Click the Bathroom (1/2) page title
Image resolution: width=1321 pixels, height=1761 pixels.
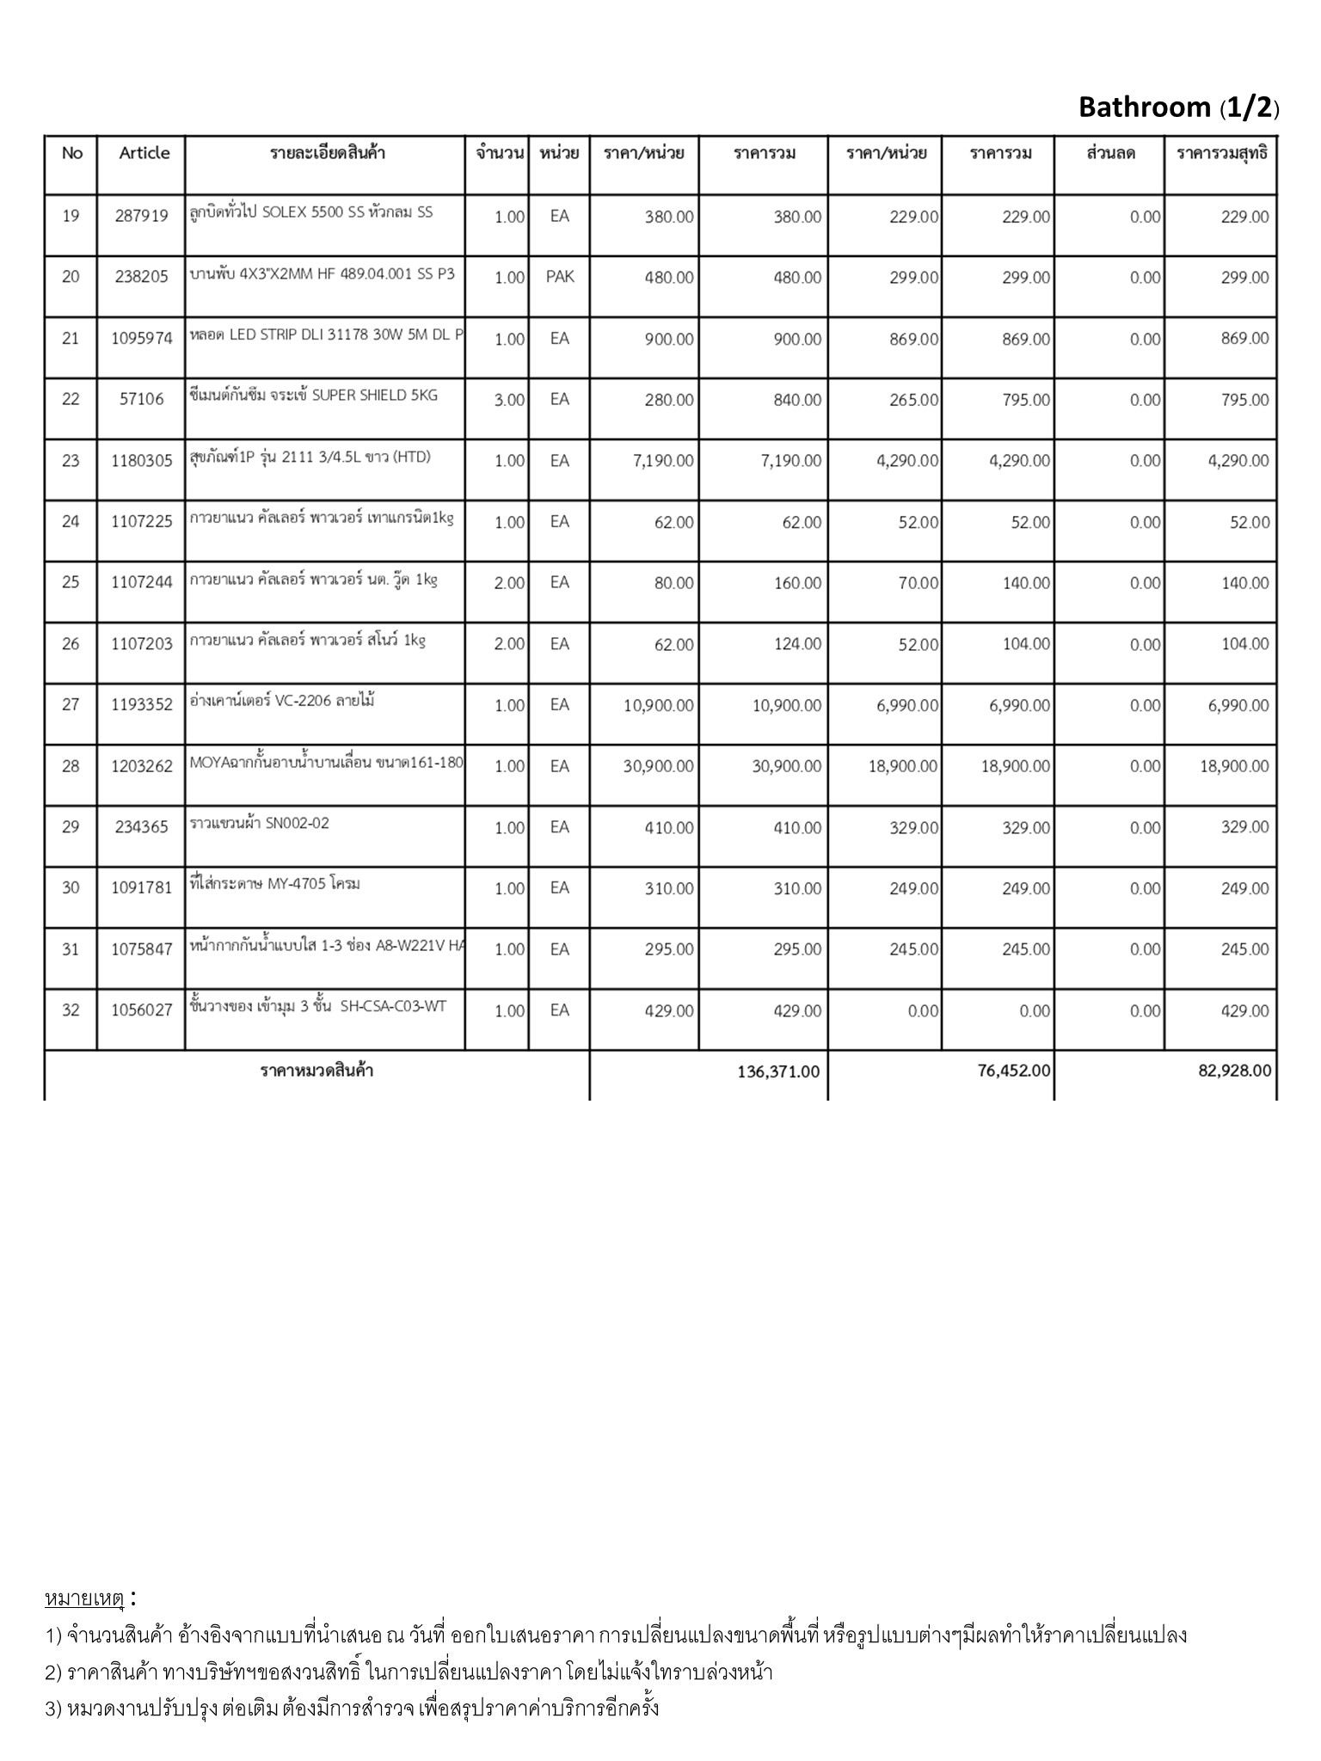coord(1178,107)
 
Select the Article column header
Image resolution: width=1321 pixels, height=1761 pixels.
coord(144,153)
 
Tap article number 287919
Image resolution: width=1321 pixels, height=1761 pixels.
coord(141,217)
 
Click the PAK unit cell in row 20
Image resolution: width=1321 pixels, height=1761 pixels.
coord(559,277)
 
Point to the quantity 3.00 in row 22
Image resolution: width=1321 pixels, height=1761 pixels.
coord(509,400)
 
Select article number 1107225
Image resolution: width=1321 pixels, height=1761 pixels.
coord(141,521)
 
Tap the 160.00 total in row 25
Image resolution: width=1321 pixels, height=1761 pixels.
coord(797,583)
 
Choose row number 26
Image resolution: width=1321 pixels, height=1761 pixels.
coord(71,644)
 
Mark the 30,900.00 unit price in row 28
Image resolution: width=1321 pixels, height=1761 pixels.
coord(658,766)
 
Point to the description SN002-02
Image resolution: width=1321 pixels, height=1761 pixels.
coord(260,823)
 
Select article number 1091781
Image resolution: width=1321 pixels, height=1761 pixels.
coord(141,888)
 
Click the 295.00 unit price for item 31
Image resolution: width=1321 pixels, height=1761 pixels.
coord(669,949)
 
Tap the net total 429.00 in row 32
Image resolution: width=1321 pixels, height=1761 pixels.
coord(1244,1011)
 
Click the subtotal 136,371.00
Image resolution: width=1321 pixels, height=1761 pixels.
coord(778,1071)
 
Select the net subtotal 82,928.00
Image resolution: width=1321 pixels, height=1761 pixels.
coord(1234,1071)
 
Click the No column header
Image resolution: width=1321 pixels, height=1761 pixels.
coord(72,153)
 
